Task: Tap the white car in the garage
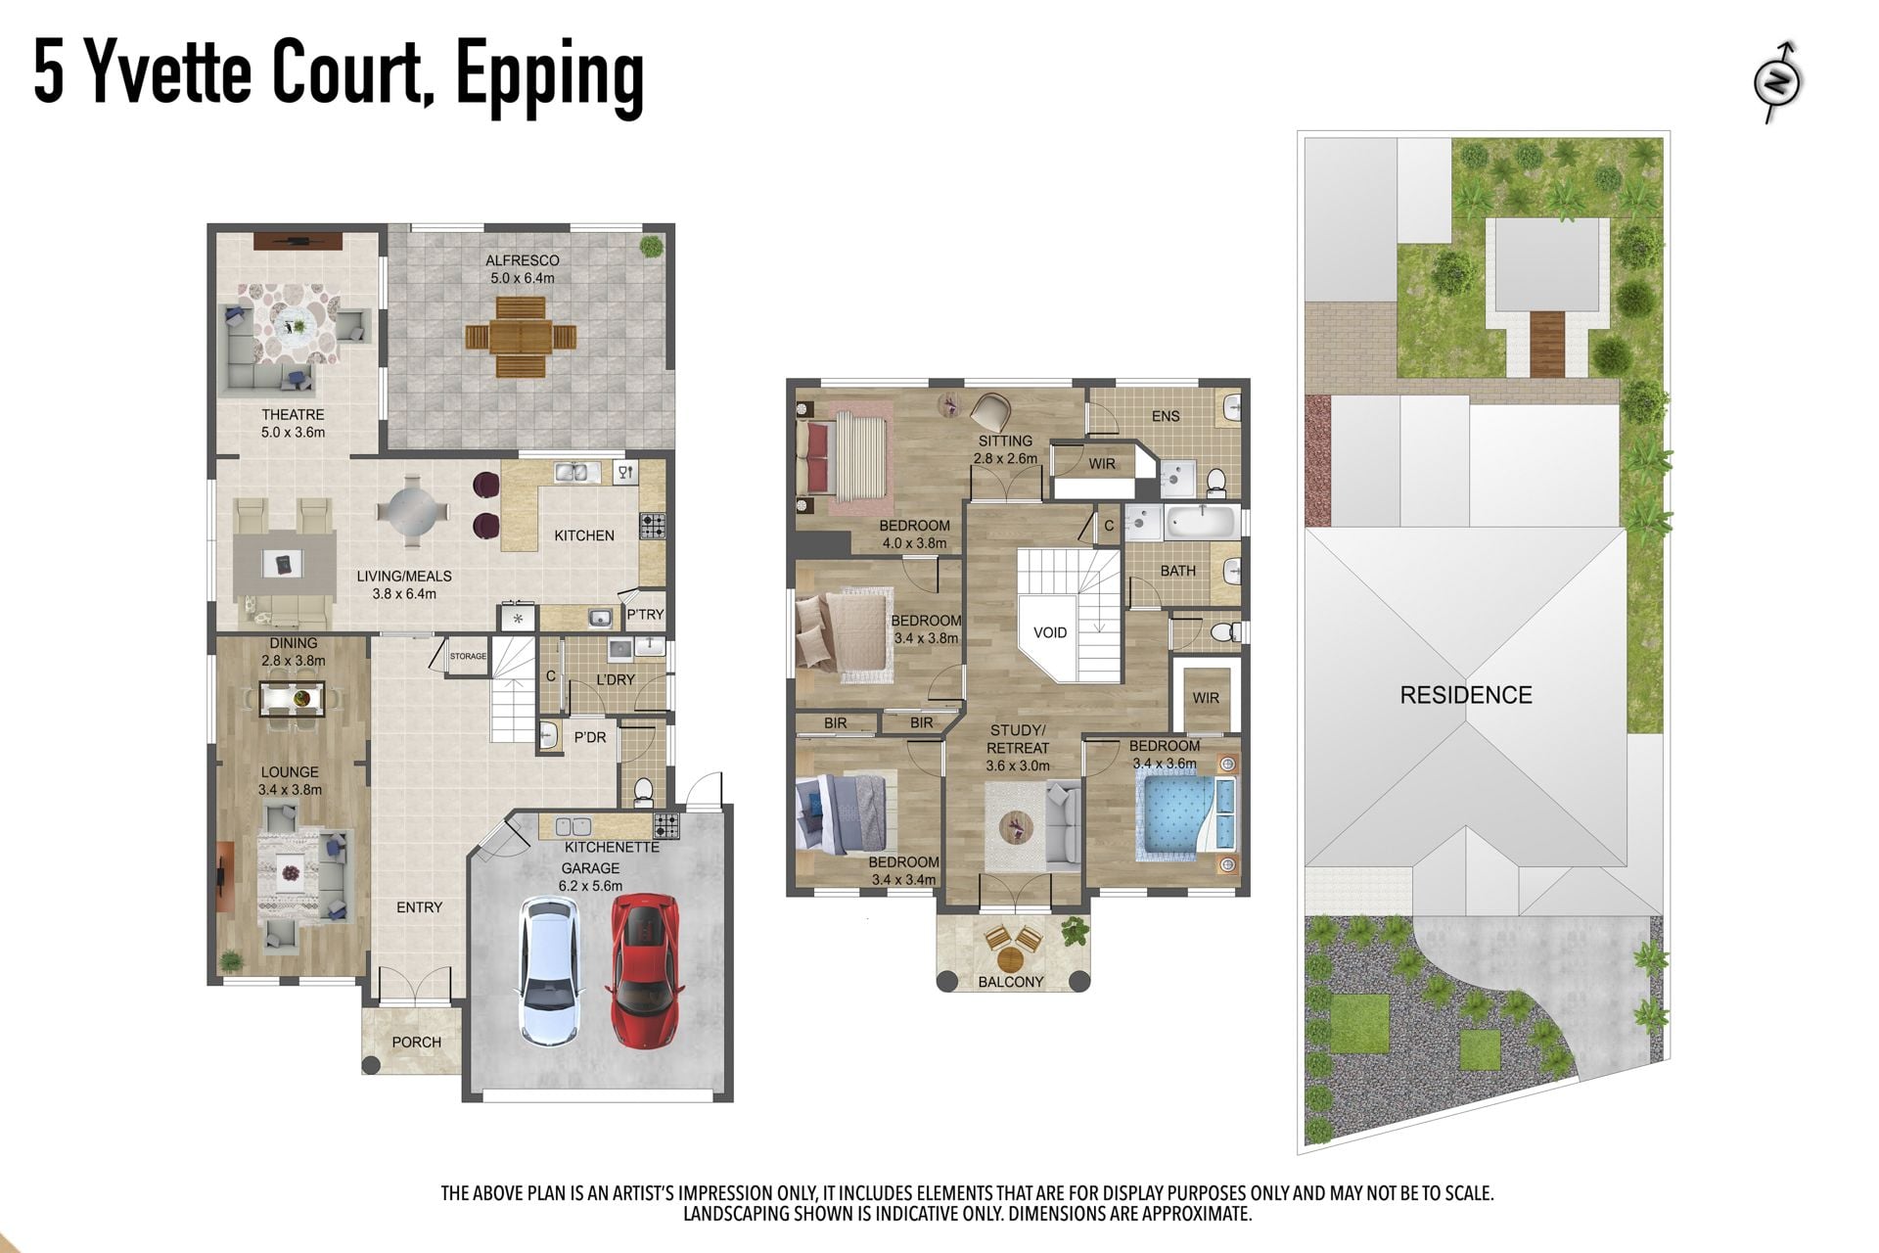click(549, 970)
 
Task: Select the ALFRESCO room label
click(523, 260)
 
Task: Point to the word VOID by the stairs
click(1050, 632)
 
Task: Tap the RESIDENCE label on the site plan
click(1466, 695)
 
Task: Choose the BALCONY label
click(1011, 982)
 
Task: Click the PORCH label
click(417, 1043)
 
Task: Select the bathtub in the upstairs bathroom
click(1201, 521)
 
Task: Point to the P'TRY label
click(645, 615)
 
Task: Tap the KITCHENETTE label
click(612, 847)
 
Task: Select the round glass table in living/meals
click(414, 511)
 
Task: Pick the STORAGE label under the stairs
click(468, 656)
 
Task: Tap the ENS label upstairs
click(1166, 416)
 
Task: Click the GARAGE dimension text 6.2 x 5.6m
click(590, 886)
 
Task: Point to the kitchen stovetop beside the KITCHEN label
click(653, 526)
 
